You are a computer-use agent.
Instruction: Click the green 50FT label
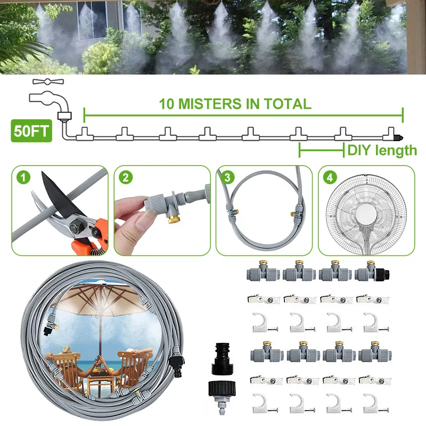pyautogui.click(x=31, y=132)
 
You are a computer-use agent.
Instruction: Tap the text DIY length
pyautogui.click(x=382, y=150)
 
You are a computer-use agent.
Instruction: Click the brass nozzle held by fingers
pyautogui.click(x=175, y=216)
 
